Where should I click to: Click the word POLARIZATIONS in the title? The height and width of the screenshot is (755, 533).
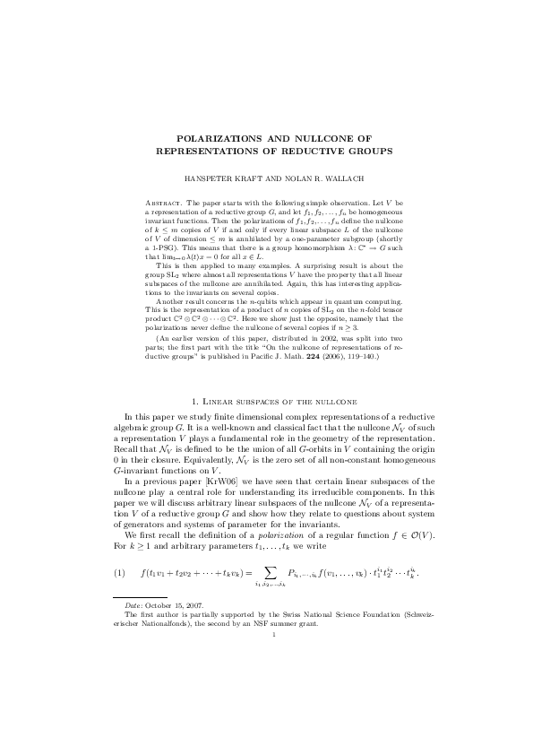pos(219,139)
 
